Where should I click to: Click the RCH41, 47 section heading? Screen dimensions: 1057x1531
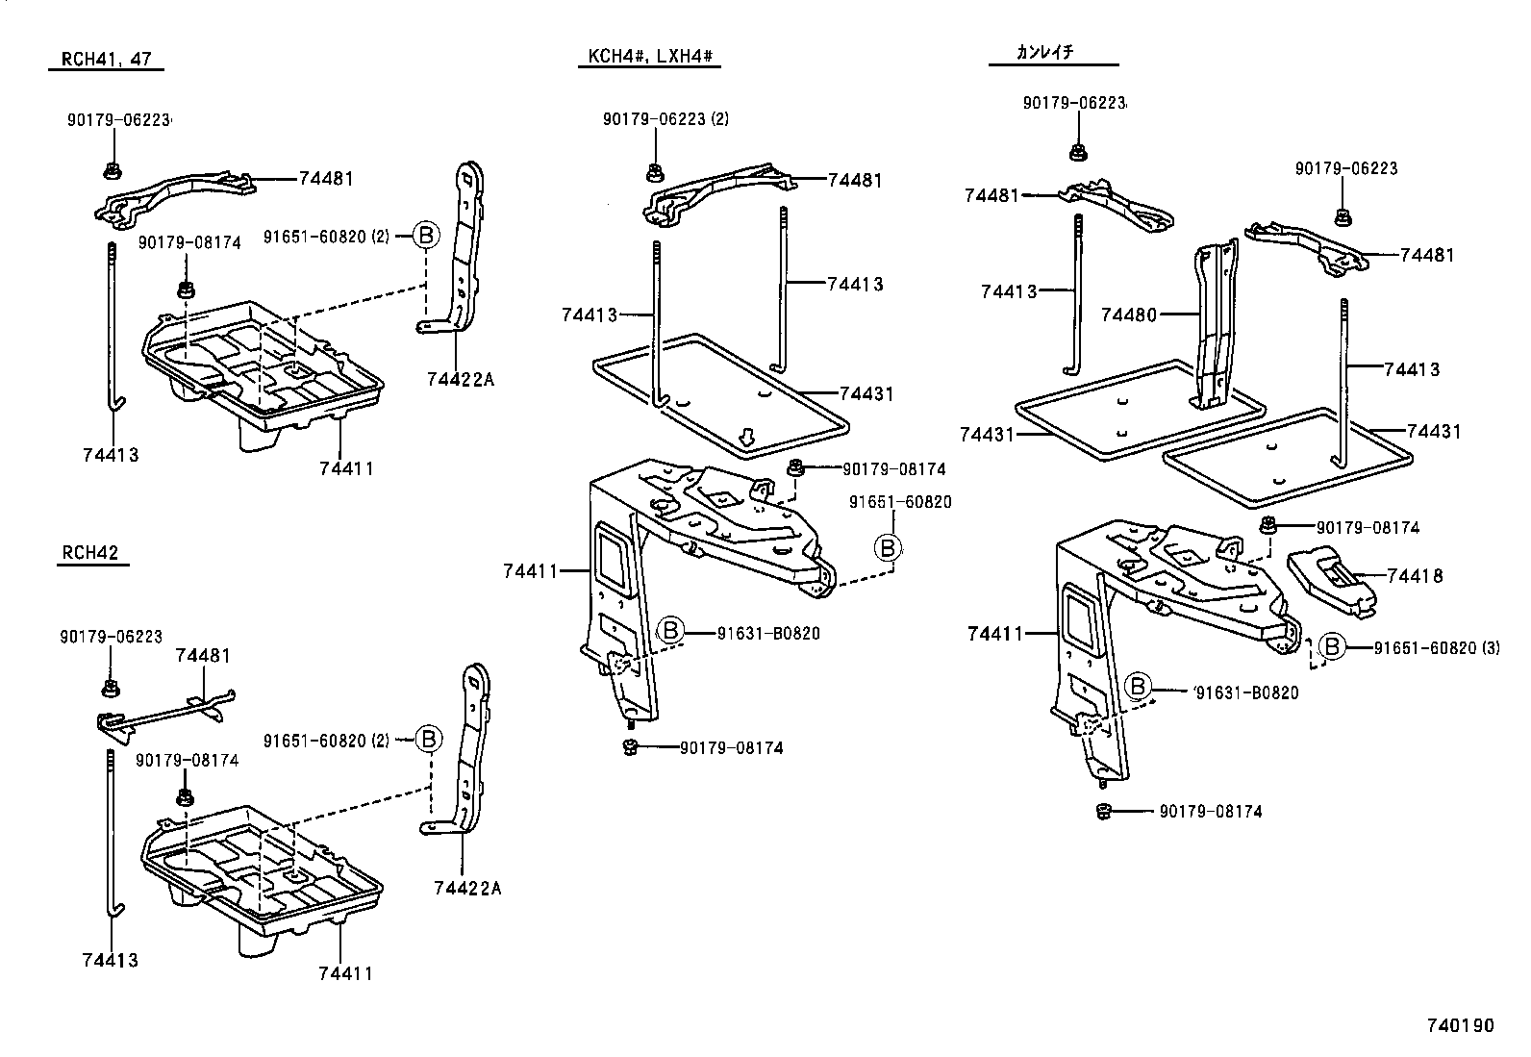(x=107, y=60)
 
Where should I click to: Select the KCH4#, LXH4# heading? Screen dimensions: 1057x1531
(x=649, y=57)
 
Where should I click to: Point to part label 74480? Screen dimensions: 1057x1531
(x=1129, y=315)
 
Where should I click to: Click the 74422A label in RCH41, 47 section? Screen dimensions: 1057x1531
(x=460, y=379)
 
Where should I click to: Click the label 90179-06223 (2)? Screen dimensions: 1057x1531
(x=665, y=119)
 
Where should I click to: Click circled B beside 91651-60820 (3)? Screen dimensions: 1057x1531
(x=1333, y=647)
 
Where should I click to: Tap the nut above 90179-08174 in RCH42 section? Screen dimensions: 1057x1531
(x=183, y=796)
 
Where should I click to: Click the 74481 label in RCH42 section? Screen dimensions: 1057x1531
(x=203, y=656)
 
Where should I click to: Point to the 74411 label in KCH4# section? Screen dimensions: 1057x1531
(x=530, y=571)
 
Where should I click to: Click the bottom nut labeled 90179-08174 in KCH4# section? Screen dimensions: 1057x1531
(x=629, y=747)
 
